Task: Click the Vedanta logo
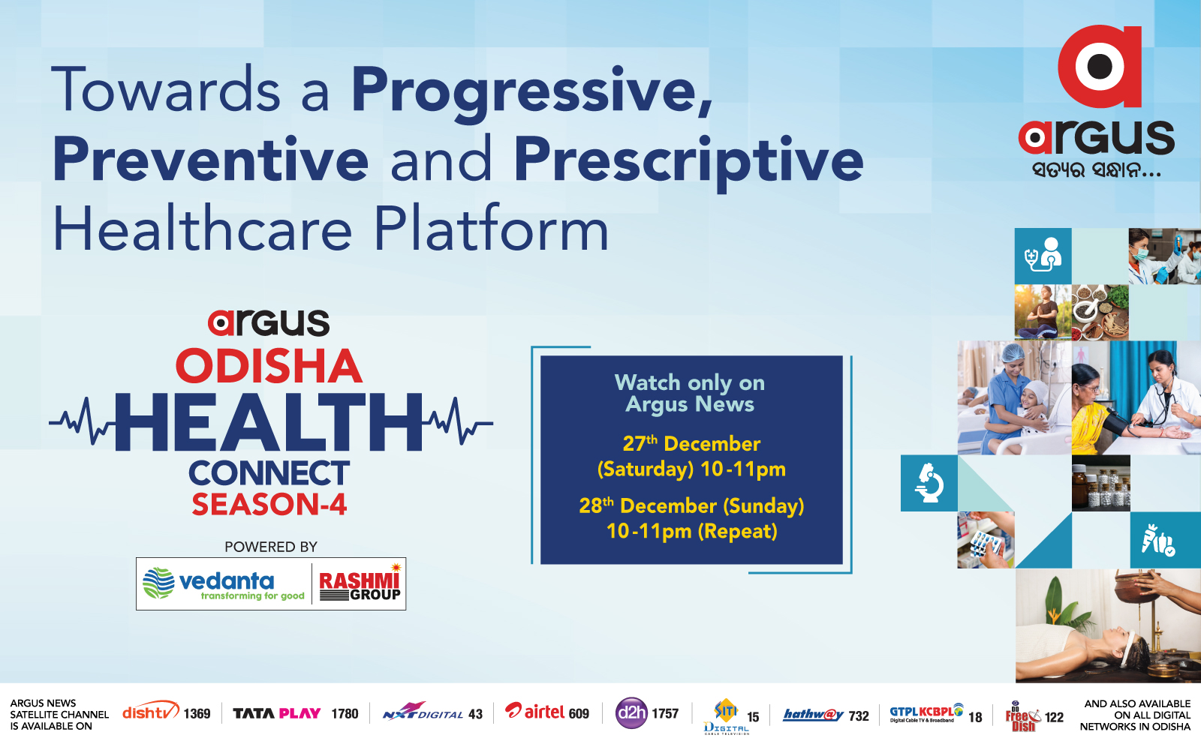tap(223, 584)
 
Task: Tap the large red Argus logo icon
tap(1100, 66)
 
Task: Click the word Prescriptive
tap(688, 160)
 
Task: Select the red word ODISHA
tap(269, 366)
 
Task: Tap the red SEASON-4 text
tap(269, 504)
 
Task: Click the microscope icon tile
tap(929, 483)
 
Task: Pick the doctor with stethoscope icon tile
tap(1043, 256)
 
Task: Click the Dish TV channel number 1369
tap(197, 714)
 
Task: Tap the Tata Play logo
tap(277, 713)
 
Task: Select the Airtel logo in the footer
tap(535, 712)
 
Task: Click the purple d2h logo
tap(631, 713)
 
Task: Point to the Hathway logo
tap(814, 715)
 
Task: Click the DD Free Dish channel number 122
tap(1054, 717)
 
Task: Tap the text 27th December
tap(691, 444)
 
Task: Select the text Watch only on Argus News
tap(690, 393)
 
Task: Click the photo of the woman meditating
tap(1043, 312)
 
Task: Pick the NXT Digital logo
tap(423, 712)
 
